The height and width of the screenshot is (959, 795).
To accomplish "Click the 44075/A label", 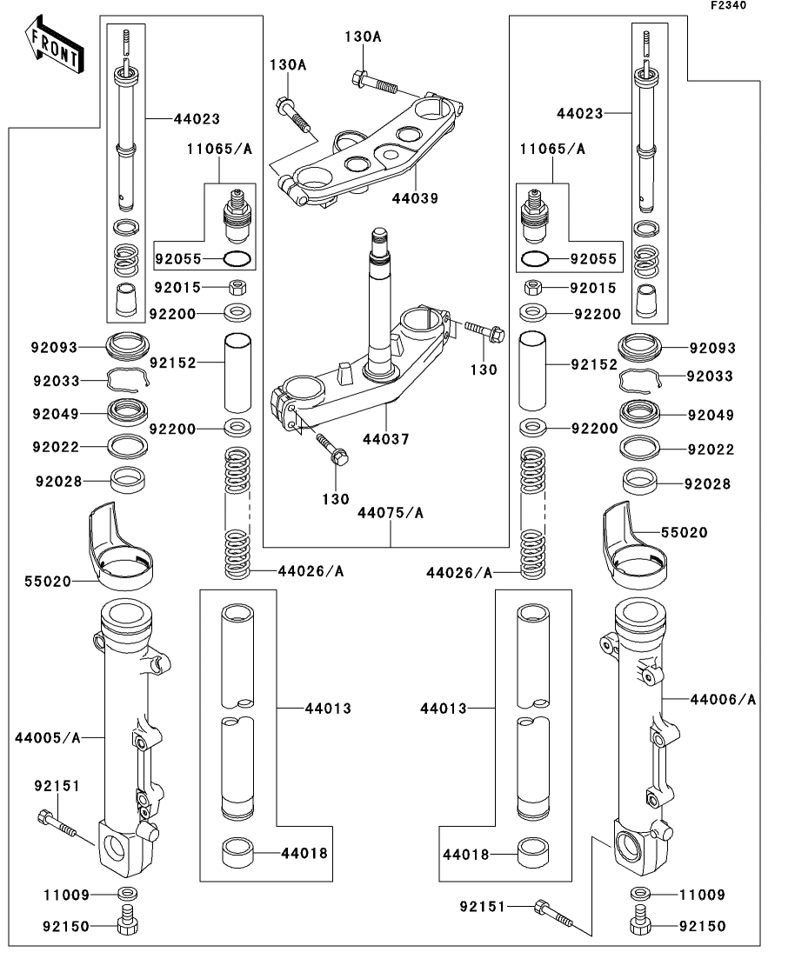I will coord(391,513).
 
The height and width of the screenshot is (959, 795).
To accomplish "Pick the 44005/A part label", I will coord(47,738).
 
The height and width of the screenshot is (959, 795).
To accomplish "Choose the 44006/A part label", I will coord(723,699).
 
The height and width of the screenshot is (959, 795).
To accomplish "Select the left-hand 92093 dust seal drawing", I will coord(129,345).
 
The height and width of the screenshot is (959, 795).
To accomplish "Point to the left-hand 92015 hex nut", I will coord(235,287).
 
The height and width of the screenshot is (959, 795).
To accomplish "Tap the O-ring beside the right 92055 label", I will coord(535,258).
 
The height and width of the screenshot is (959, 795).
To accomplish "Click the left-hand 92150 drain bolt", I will coord(127,922).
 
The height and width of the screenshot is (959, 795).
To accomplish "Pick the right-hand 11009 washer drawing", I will coord(639,894).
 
